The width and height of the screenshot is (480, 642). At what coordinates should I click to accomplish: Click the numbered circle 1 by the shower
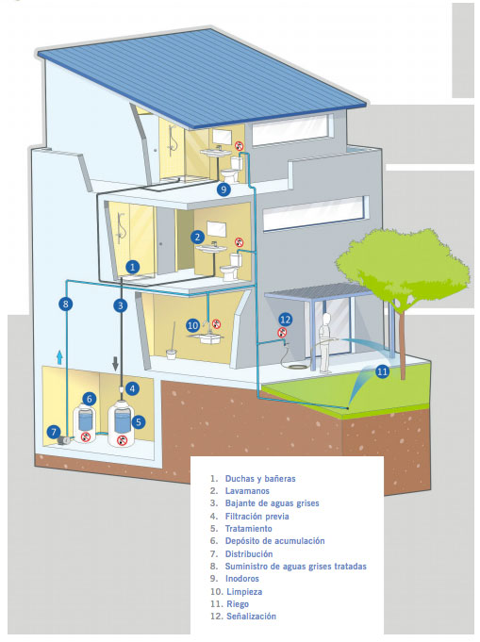click(132, 268)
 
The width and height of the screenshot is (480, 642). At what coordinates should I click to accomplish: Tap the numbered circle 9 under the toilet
click(223, 189)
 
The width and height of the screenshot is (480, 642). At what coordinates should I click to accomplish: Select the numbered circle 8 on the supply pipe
click(65, 304)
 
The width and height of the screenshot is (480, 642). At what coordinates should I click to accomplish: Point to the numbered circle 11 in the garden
click(382, 371)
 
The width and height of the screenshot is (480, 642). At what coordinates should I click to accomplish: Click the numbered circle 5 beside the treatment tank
click(139, 421)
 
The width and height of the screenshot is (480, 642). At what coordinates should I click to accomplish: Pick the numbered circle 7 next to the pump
click(53, 432)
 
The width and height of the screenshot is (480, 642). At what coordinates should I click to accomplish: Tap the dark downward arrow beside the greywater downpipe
click(115, 363)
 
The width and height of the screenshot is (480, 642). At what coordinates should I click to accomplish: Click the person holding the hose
click(325, 343)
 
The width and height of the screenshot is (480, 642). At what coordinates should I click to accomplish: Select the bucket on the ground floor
click(172, 354)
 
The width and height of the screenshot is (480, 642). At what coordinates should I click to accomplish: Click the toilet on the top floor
click(232, 169)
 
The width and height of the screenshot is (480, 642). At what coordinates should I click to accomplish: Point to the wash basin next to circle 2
click(211, 249)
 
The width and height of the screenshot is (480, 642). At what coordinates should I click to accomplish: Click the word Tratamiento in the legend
click(249, 529)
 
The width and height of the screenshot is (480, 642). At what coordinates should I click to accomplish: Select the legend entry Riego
click(238, 604)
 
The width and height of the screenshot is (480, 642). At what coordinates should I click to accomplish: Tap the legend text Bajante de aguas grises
click(272, 503)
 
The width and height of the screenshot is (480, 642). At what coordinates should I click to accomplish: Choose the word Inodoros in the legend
click(242, 579)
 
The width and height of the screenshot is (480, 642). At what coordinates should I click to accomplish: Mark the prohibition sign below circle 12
click(282, 333)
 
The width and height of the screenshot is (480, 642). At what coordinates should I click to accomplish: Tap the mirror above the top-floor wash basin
click(222, 137)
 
